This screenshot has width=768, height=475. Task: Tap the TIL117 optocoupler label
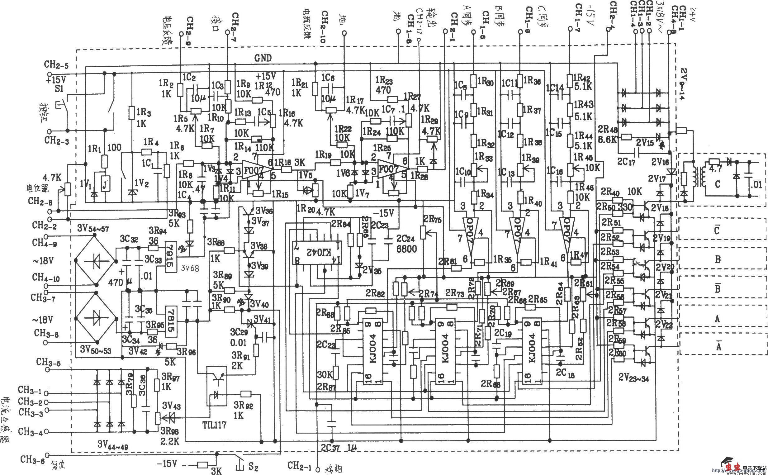214,425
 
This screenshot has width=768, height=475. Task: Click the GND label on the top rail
263,58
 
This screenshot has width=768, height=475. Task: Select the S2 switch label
253,467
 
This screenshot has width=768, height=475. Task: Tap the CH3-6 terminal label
31,460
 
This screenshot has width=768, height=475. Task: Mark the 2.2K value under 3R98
170,441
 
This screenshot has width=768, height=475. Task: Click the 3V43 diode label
171,406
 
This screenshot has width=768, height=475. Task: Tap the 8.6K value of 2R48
608,139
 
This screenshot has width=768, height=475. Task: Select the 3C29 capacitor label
239,332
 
